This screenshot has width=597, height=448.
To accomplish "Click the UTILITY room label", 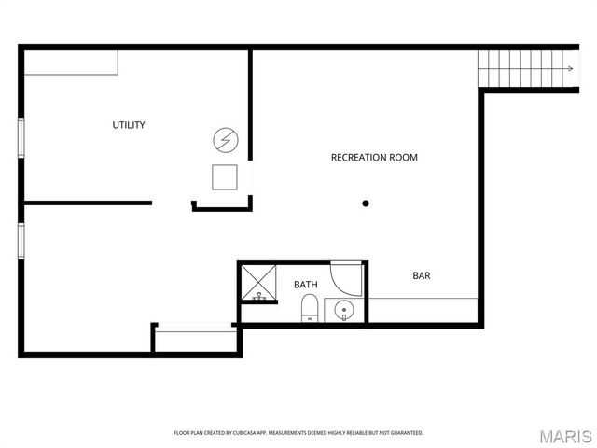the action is click(x=129, y=125).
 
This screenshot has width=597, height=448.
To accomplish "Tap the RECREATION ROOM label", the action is click(x=374, y=158).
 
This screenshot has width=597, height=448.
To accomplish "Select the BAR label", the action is click(x=422, y=275).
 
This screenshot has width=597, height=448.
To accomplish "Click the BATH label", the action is click(x=306, y=285).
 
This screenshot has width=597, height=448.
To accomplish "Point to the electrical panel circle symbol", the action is click(x=226, y=140).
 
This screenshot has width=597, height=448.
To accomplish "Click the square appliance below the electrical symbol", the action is click(x=225, y=177).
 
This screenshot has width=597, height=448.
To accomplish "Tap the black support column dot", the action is click(x=366, y=203).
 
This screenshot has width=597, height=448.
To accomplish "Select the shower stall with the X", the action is click(x=258, y=282).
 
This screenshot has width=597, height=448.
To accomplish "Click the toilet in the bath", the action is click(x=310, y=308).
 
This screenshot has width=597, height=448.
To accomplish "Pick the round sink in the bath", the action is click(x=344, y=310).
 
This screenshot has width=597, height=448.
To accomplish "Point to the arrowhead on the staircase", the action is click(x=570, y=68).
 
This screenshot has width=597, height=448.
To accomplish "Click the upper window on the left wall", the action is click(x=21, y=137).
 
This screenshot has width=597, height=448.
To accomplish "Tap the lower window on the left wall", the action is click(x=21, y=242).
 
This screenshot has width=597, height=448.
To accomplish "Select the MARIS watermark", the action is click(x=566, y=437).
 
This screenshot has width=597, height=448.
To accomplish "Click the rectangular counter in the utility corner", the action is click(x=71, y=63).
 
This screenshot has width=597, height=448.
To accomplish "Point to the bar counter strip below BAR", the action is click(x=423, y=310).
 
